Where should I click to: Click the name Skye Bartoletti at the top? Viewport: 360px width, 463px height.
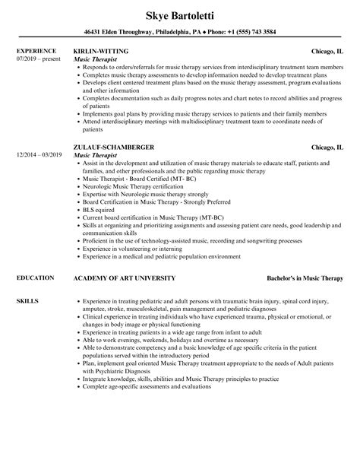(179, 14)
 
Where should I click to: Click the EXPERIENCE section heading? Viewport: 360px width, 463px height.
(36, 51)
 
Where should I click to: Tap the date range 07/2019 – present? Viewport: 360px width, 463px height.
(37, 59)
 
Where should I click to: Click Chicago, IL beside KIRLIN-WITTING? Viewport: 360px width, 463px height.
(327, 52)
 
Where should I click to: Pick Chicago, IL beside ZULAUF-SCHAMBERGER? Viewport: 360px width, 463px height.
(327, 125)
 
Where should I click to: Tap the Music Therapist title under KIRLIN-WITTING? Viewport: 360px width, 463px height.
(96, 59)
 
